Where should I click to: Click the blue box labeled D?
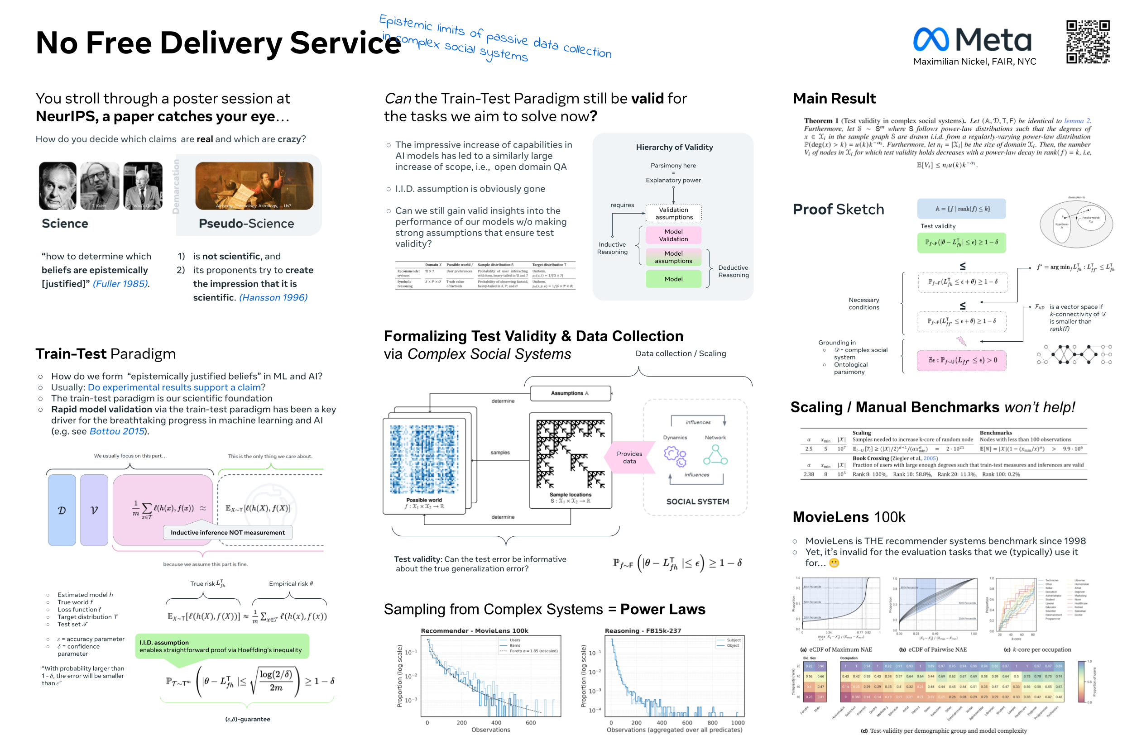click(62, 510)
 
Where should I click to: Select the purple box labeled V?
click(94, 510)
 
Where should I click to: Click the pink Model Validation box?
click(673, 235)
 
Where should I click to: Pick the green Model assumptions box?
click(673, 257)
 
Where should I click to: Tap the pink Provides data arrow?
click(629, 457)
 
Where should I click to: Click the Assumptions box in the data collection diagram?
click(570, 393)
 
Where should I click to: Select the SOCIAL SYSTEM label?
click(697, 501)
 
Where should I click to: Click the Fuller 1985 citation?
click(121, 284)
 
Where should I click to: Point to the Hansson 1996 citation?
click(273, 297)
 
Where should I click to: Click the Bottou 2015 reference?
click(117, 431)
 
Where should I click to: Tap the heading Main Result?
click(834, 99)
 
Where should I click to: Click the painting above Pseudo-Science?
click(254, 186)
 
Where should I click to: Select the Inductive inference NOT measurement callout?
click(228, 532)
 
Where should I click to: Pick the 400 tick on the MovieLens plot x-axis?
click(496, 722)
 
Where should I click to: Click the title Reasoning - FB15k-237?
click(643, 630)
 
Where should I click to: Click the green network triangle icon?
click(715, 455)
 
